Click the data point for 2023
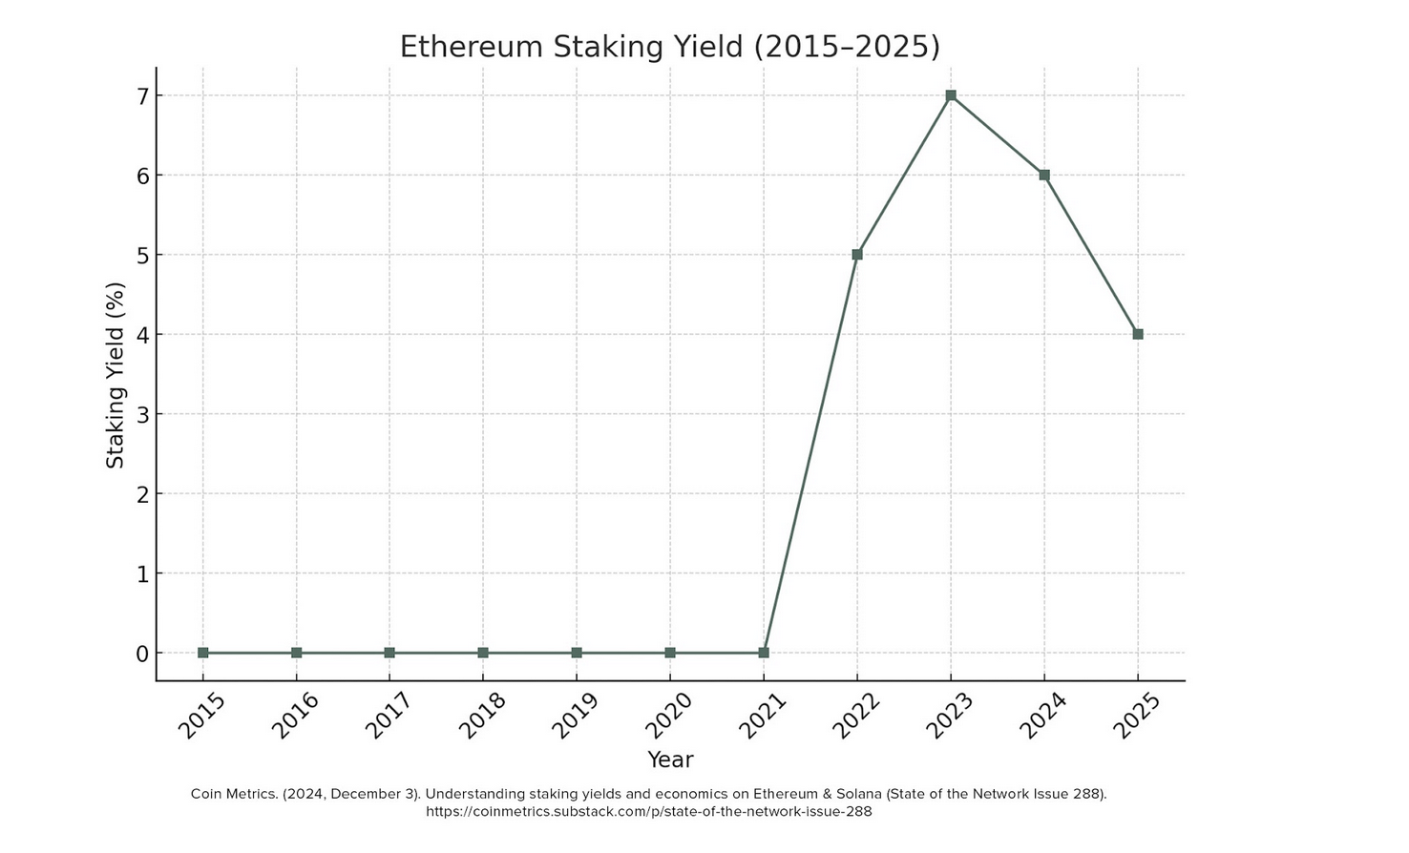951,95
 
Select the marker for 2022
857,255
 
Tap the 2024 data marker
1044,176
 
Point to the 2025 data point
1138,334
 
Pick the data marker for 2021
764,653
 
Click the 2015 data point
203,653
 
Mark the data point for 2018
483,653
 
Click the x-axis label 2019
576,715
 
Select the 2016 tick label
295,715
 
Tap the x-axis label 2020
669,715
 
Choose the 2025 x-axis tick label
1136,715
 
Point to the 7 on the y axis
143,96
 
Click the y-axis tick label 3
143,414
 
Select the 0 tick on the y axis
143,654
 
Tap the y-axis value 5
143,256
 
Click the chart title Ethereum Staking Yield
669,47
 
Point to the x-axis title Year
670,759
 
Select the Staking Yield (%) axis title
116,375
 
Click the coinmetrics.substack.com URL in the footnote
648,812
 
